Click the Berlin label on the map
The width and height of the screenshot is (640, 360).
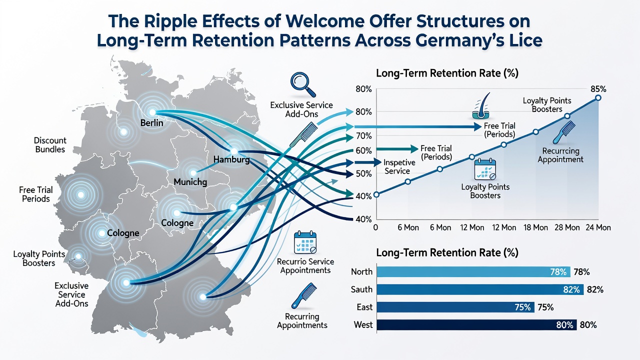click(x=151, y=123)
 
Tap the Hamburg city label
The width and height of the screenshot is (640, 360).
click(x=231, y=159)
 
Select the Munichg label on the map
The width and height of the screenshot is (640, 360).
click(x=190, y=182)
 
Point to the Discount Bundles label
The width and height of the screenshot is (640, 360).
click(x=50, y=145)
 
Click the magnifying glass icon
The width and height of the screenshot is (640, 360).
click(x=303, y=85)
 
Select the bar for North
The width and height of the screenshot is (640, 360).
click(x=473, y=271)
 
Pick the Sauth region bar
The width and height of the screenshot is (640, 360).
click(x=480, y=289)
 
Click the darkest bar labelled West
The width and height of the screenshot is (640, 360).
click(x=476, y=325)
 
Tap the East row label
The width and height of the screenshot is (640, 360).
click(x=364, y=307)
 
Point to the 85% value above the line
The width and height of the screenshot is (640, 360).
click(x=598, y=89)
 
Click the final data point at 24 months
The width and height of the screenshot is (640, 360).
click(x=598, y=98)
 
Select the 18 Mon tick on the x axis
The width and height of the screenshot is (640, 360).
click(x=535, y=227)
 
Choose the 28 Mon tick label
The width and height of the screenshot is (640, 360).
click(x=567, y=227)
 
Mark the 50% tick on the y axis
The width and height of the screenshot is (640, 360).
click(x=364, y=173)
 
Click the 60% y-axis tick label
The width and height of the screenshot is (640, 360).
click(x=364, y=150)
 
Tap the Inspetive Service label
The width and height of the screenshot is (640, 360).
click(x=399, y=167)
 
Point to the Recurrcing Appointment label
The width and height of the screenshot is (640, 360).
click(x=560, y=155)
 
